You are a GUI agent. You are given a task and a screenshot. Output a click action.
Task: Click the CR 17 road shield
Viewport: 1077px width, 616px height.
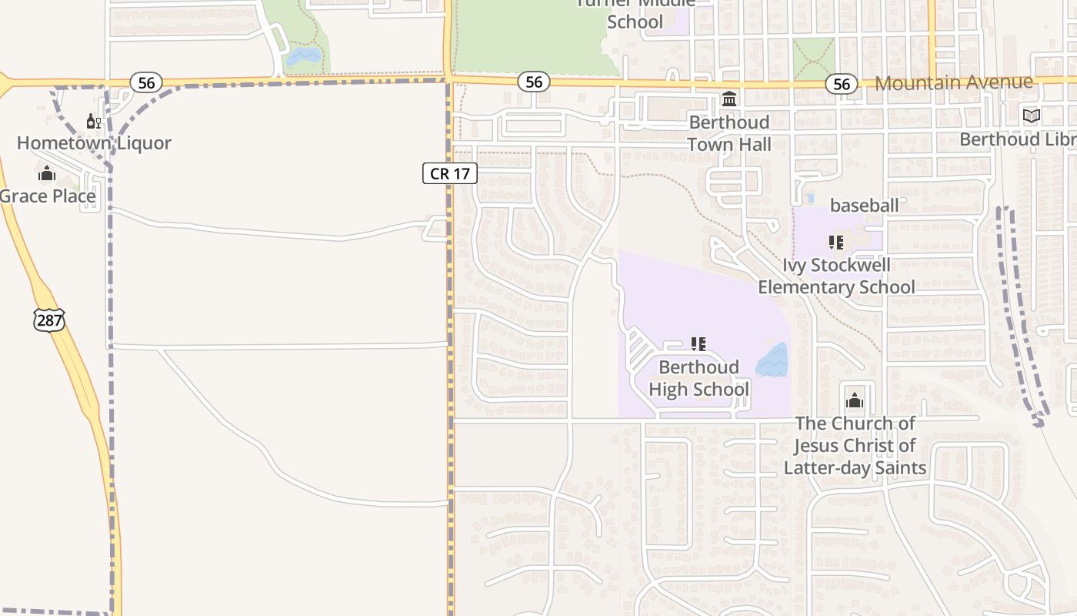pyautogui.click(x=450, y=173)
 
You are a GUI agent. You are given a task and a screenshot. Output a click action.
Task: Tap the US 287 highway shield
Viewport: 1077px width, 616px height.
pyautogui.click(x=49, y=320)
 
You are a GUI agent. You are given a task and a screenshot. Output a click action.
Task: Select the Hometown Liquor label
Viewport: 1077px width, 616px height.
pyautogui.click(x=94, y=143)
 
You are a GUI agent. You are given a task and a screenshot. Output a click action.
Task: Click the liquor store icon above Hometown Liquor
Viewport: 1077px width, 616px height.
pyautogui.click(x=94, y=121)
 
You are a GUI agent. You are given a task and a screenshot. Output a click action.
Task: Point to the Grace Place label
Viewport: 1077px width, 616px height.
pyautogui.click(x=48, y=196)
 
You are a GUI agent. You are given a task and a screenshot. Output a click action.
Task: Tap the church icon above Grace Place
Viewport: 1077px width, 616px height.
pyautogui.click(x=47, y=173)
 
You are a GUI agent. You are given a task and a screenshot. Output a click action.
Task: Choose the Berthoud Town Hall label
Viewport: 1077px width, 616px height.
pyautogui.click(x=729, y=133)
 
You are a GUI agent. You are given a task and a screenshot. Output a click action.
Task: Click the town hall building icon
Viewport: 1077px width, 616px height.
pyautogui.click(x=729, y=99)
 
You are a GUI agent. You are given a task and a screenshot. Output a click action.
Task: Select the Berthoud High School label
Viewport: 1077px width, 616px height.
pyautogui.click(x=699, y=378)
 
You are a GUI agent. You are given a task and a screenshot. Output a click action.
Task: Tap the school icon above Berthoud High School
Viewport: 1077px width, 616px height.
pyautogui.click(x=699, y=344)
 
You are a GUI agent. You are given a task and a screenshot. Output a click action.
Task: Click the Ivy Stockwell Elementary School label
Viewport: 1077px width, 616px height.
pyautogui.click(x=836, y=276)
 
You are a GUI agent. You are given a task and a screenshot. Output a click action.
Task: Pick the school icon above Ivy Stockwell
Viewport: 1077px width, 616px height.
pyautogui.click(x=836, y=243)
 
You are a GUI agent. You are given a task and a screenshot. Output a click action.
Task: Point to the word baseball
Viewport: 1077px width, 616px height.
pyautogui.click(x=864, y=206)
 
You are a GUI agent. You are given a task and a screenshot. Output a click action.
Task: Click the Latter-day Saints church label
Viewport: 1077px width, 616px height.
pyautogui.click(x=855, y=446)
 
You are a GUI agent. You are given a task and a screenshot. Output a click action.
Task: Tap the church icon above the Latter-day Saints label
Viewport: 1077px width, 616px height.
pyautogui.click(x=855, y=400)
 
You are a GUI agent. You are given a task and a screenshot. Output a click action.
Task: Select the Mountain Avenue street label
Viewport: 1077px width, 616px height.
pyautogui.click(x=954, y=82)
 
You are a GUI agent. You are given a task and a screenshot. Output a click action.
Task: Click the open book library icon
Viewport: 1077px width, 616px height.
pyautogui.click(x=1031, y=116)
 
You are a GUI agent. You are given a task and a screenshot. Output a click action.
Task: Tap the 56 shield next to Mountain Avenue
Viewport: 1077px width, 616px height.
pyautogui.click(x=842, y=84)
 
